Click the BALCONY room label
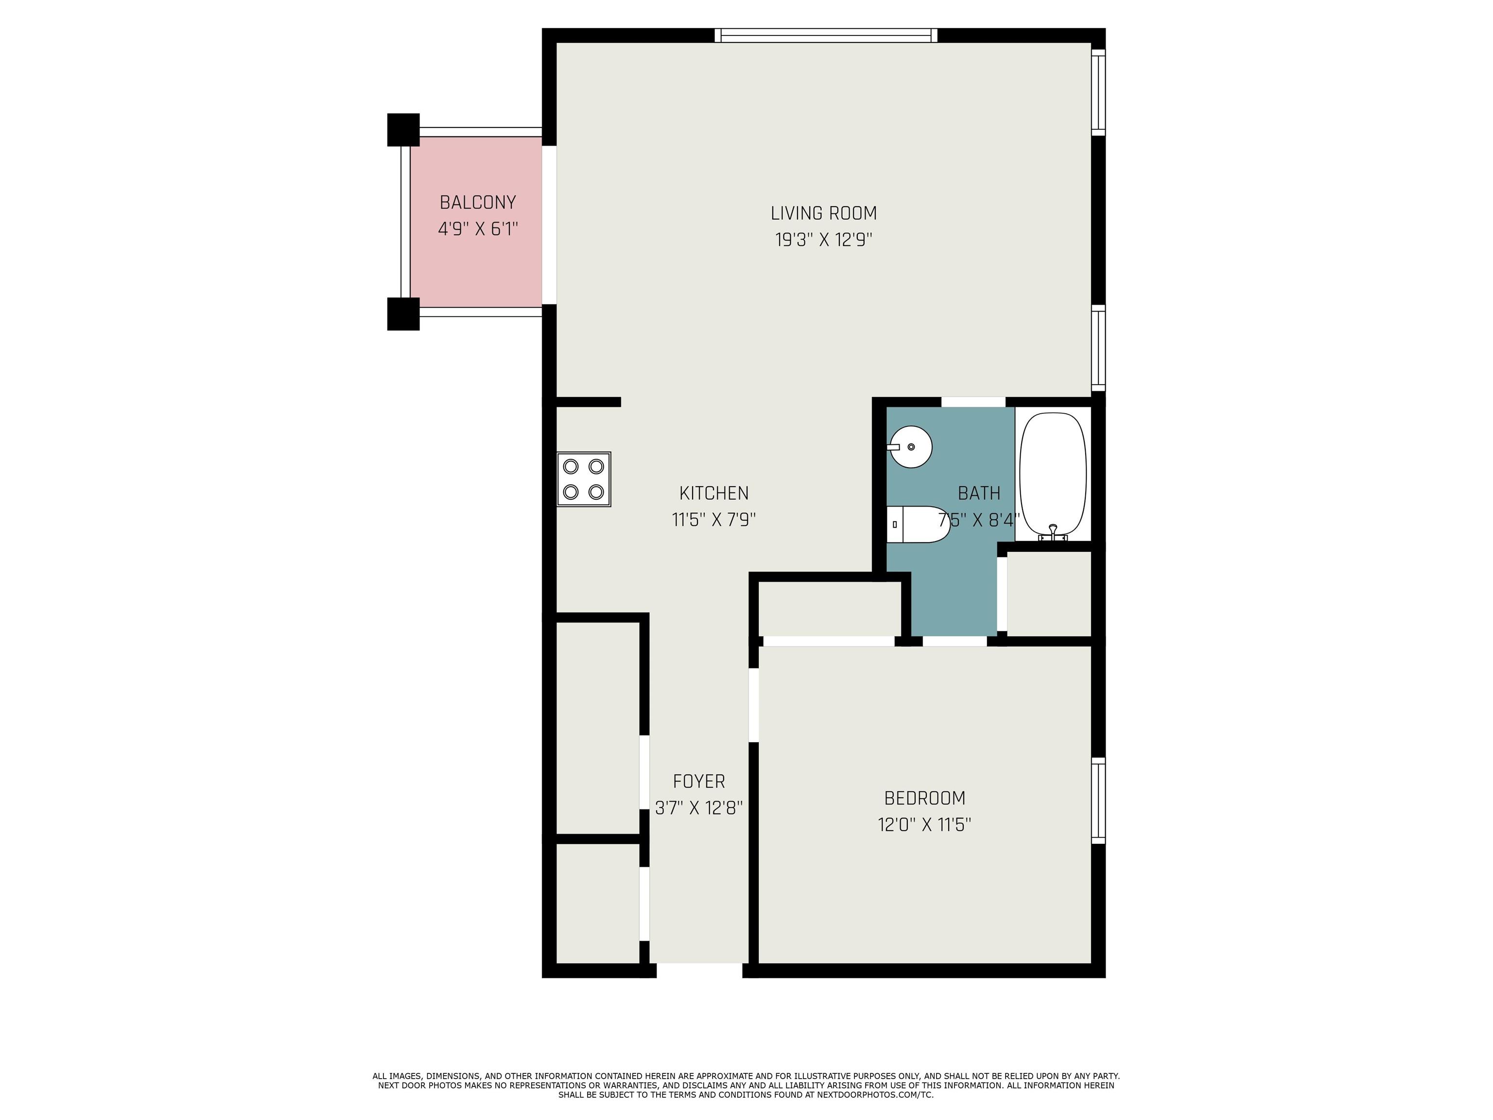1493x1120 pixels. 478,203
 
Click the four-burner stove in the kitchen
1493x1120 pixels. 584,479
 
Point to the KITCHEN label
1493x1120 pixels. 713,493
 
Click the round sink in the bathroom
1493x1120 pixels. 910,447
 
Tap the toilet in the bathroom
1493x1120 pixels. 919,525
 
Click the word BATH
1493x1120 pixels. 979,493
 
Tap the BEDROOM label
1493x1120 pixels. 925,798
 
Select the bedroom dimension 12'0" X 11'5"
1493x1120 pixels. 925,825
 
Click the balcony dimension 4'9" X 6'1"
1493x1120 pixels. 478,229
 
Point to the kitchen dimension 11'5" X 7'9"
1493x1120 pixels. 713,520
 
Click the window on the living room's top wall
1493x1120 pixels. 826,35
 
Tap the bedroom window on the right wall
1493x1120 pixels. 1099,801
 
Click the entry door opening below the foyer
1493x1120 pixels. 699,970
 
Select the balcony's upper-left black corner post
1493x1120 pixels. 403,130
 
